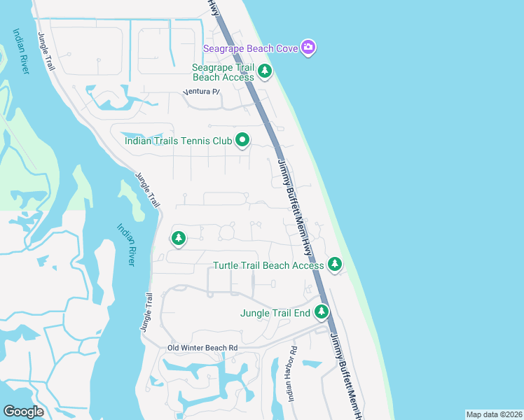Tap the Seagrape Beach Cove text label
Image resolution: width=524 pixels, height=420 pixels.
tap(251, 48)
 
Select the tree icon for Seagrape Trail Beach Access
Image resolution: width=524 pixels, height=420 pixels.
tap(265, 71)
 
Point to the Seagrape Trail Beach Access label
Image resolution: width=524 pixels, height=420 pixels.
tap(223, 72)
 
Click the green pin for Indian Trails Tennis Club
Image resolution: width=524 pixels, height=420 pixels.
tap(242, 140)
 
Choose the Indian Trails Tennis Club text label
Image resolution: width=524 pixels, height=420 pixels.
tap(178, 141)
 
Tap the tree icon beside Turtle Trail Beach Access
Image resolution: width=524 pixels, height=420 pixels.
tap(335, 264)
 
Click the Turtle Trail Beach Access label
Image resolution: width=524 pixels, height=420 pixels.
tap(268, 265)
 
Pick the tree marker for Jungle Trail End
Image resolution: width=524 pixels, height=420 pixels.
tap(322, 311)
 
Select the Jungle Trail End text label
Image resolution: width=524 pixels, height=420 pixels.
tap(275, 313)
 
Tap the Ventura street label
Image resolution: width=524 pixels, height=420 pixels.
tap(201, 92)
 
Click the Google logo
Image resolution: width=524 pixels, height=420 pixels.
tap(23, 412)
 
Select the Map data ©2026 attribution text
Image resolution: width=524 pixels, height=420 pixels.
tap(493, 414)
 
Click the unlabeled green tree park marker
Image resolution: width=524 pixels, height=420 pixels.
tap(179, 238)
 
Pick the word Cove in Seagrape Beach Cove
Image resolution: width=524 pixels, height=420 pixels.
tap(287, 48)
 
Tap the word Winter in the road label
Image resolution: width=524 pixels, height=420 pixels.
tap(198, 348)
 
